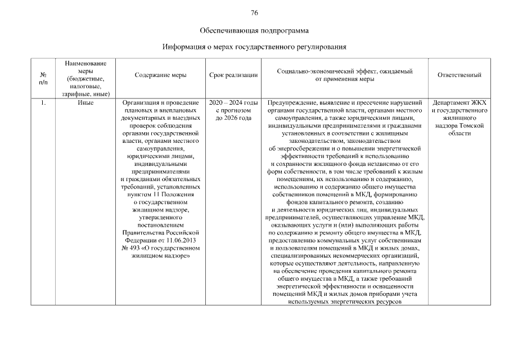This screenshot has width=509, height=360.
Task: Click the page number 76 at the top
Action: point(254,13)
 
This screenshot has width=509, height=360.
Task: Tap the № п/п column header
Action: point(43,78)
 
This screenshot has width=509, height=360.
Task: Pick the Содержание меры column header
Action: point(161,75)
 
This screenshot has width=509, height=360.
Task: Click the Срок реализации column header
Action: point(233,75)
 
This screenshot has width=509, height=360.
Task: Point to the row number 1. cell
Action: point(43,103)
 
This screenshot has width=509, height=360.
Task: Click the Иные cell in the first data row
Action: point(86,103)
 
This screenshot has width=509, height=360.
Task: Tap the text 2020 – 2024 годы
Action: point(233,103)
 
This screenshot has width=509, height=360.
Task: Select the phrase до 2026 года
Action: point(233,118)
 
